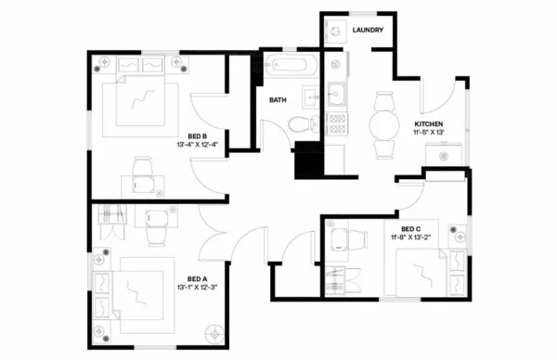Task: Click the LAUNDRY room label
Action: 369,31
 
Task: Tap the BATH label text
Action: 278,99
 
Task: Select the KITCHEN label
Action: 428,124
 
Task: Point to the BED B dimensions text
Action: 196,144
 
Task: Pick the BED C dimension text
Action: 410,238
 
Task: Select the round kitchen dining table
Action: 382,123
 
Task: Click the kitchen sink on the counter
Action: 339,95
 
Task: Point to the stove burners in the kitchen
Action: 339,123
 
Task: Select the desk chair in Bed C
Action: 346,238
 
